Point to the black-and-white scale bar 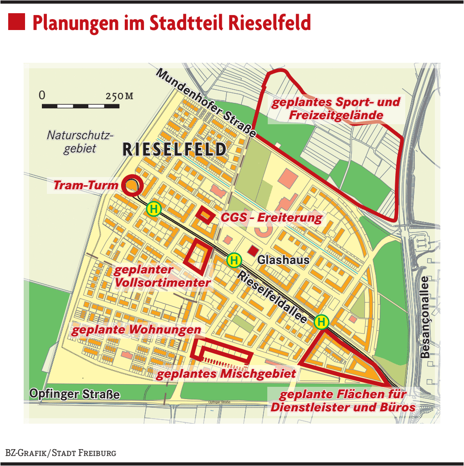click(81, 106)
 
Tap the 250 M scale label click(119, 96)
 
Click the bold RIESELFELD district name click(174, 150)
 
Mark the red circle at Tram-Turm click(133, 185)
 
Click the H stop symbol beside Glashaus click(234, 260)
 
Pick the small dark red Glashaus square click(252, 251)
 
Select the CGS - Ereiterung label click(271, 218)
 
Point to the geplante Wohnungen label click(136, 329)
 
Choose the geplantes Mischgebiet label click(226, 374)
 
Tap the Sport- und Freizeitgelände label click(336, 108)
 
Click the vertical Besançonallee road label click(425, 317)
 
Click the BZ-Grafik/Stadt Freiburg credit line click(61, 453)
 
